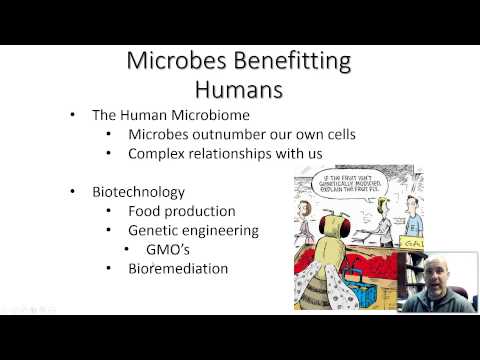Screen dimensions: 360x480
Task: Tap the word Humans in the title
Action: point(239,91)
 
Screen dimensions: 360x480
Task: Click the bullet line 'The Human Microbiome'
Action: point(165,116)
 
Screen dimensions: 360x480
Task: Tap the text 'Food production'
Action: point(182,211)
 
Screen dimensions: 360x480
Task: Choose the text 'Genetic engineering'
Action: point(193,230)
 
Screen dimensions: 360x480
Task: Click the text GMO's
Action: point(170,249)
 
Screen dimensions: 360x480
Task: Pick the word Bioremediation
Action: point(178,268)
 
